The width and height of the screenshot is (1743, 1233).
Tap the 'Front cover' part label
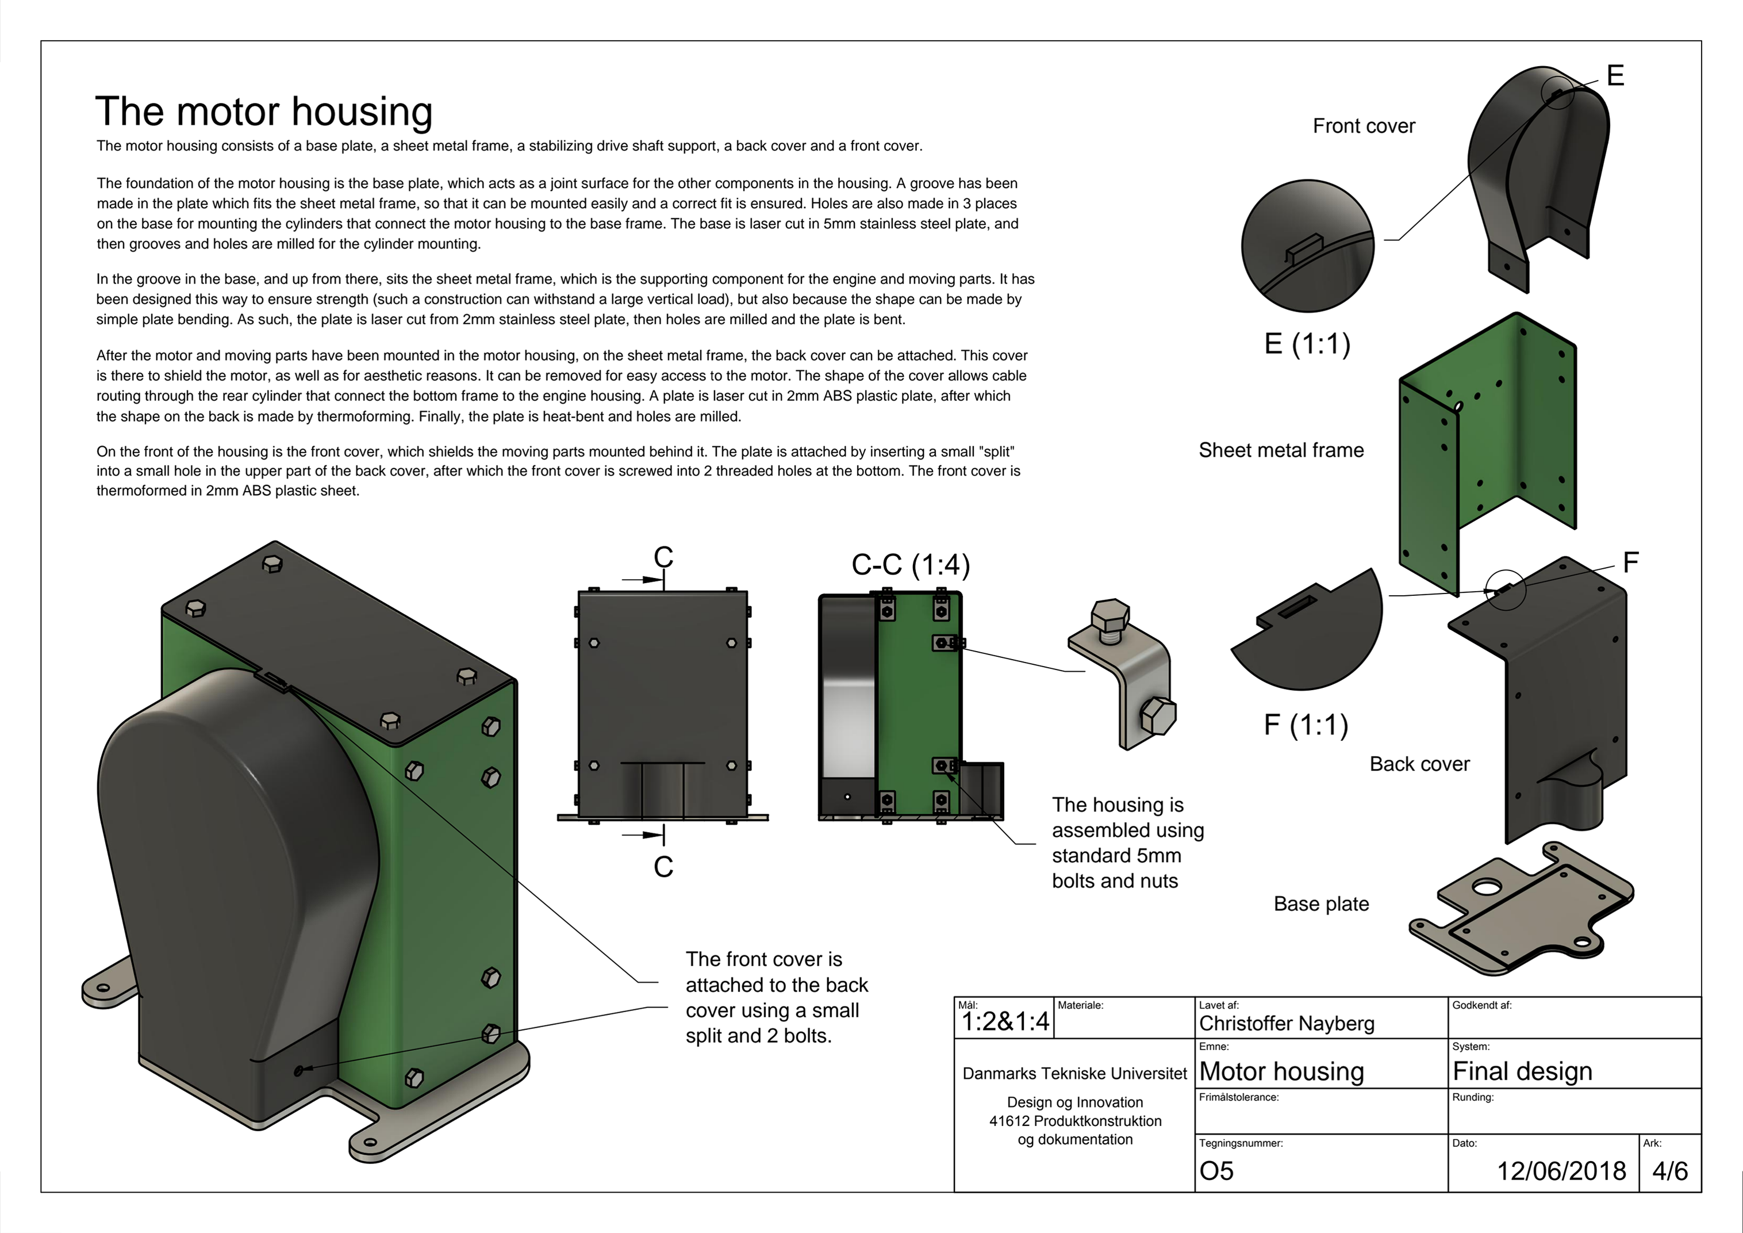[x=1364, y=126]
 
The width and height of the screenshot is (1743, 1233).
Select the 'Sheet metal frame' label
[x=1281, y=450]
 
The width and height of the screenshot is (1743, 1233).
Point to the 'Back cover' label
[x=1419, y=764]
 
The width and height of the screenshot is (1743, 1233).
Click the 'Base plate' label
[x=1321, y=903]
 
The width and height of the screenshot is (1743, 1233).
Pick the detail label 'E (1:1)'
[x=1307, y=344]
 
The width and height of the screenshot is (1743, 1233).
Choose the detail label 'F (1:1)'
[x=1306, y=724]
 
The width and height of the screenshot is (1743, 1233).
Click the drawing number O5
[x=1216, y=1171]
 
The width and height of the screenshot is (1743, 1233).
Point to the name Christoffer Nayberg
[x=1287, y=1024]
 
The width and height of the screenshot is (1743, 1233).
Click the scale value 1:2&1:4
[x=1005, y=1022]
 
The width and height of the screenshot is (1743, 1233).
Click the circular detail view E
[x=1307, y=245]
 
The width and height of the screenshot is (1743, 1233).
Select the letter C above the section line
[x=663, y=557]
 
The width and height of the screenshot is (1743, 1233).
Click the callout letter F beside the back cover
[x=1631, y=562]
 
